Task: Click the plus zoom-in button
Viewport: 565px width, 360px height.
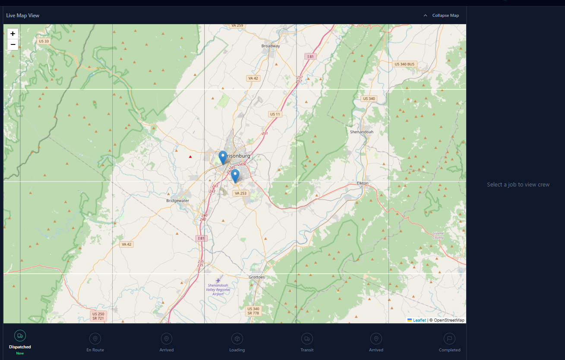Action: tap(13, 34)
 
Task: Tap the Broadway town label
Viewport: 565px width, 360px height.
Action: tap(271, 46)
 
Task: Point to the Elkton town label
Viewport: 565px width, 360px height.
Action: tap(363, 183)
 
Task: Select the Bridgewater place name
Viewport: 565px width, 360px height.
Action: tap(178, 201)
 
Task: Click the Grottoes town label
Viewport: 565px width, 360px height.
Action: tap(257, 277)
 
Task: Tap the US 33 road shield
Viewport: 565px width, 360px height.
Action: tap(44, 41)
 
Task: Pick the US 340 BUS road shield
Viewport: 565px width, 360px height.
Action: tap(404, 64)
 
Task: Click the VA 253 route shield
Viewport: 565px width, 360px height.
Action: tap(240, 193)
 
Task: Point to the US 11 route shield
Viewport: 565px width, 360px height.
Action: tap(275, 114)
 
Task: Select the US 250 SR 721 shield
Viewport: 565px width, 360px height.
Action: tap(98, 316)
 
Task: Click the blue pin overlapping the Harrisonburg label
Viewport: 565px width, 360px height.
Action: tap(223, 157)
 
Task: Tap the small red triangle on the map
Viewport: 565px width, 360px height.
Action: tap(190, 156)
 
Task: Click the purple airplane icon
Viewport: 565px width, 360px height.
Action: tap(218, 281)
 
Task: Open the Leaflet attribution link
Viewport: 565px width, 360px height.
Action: tap(419, 320)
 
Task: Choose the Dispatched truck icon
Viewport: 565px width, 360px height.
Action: tap(20, 336)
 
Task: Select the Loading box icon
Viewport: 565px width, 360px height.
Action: tap(237, 338)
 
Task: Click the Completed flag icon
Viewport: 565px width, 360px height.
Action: tap(449, 338)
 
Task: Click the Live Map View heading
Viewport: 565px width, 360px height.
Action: tap(23, 16)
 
